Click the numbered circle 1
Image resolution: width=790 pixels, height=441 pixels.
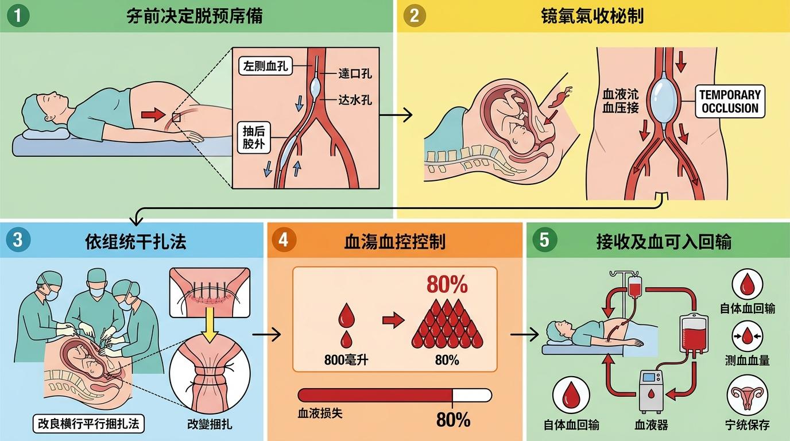pos(18,16)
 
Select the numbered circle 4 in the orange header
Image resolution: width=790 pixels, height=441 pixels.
pos(283,239)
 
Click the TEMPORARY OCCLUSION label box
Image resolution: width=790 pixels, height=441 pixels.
pos(730,102)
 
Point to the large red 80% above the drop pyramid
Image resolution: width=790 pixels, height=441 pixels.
pos(447,285)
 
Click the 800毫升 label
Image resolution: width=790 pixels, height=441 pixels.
pos(346,361)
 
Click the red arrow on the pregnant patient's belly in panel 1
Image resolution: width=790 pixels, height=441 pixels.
pos(152,115)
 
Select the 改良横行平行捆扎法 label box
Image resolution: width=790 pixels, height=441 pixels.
pos(88,424)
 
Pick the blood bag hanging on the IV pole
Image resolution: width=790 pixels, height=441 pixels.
pos(635,285)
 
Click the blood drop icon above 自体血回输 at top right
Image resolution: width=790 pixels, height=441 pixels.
pos(747,284)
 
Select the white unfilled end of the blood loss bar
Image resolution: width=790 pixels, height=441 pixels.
pos(472,395)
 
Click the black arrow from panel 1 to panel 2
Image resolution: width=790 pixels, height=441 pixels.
pos(396,115)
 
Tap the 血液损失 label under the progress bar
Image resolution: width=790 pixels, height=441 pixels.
pos(320,413)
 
